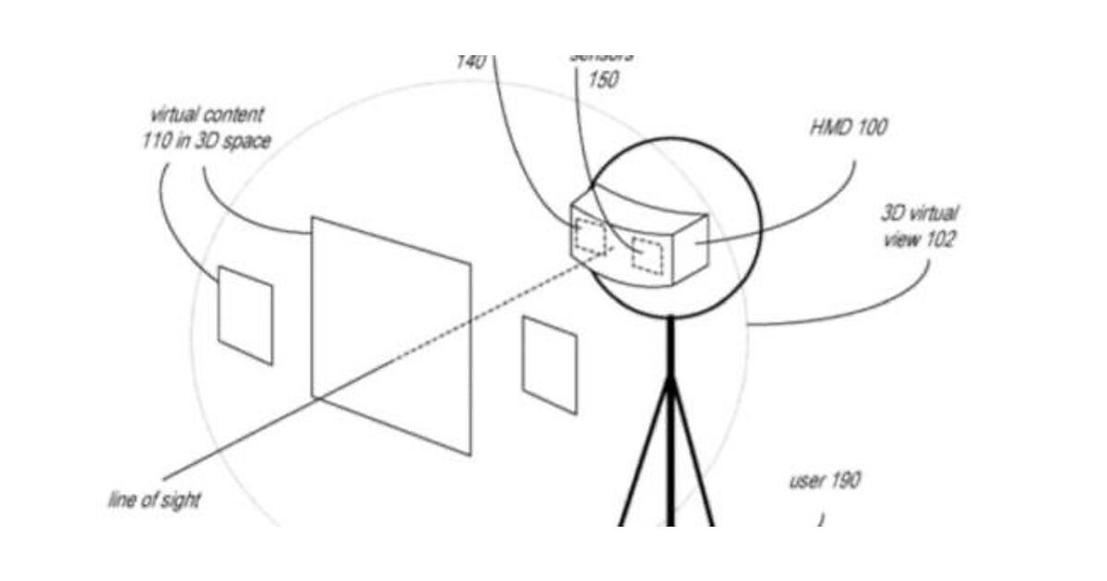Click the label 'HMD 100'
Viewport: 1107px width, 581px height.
[848, 127]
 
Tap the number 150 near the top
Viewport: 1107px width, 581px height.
[602, 80]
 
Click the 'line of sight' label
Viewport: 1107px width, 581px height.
[154, 501]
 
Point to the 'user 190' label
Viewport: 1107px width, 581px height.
[825, 480]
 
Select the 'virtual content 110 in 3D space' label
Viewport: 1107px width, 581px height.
[208, 128]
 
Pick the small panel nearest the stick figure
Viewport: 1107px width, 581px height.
[550, 365]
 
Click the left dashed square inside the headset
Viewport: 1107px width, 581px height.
[590, 237]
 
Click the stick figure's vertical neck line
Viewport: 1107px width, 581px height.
[671, 347]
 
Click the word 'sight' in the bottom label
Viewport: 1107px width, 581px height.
[180, 502]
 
